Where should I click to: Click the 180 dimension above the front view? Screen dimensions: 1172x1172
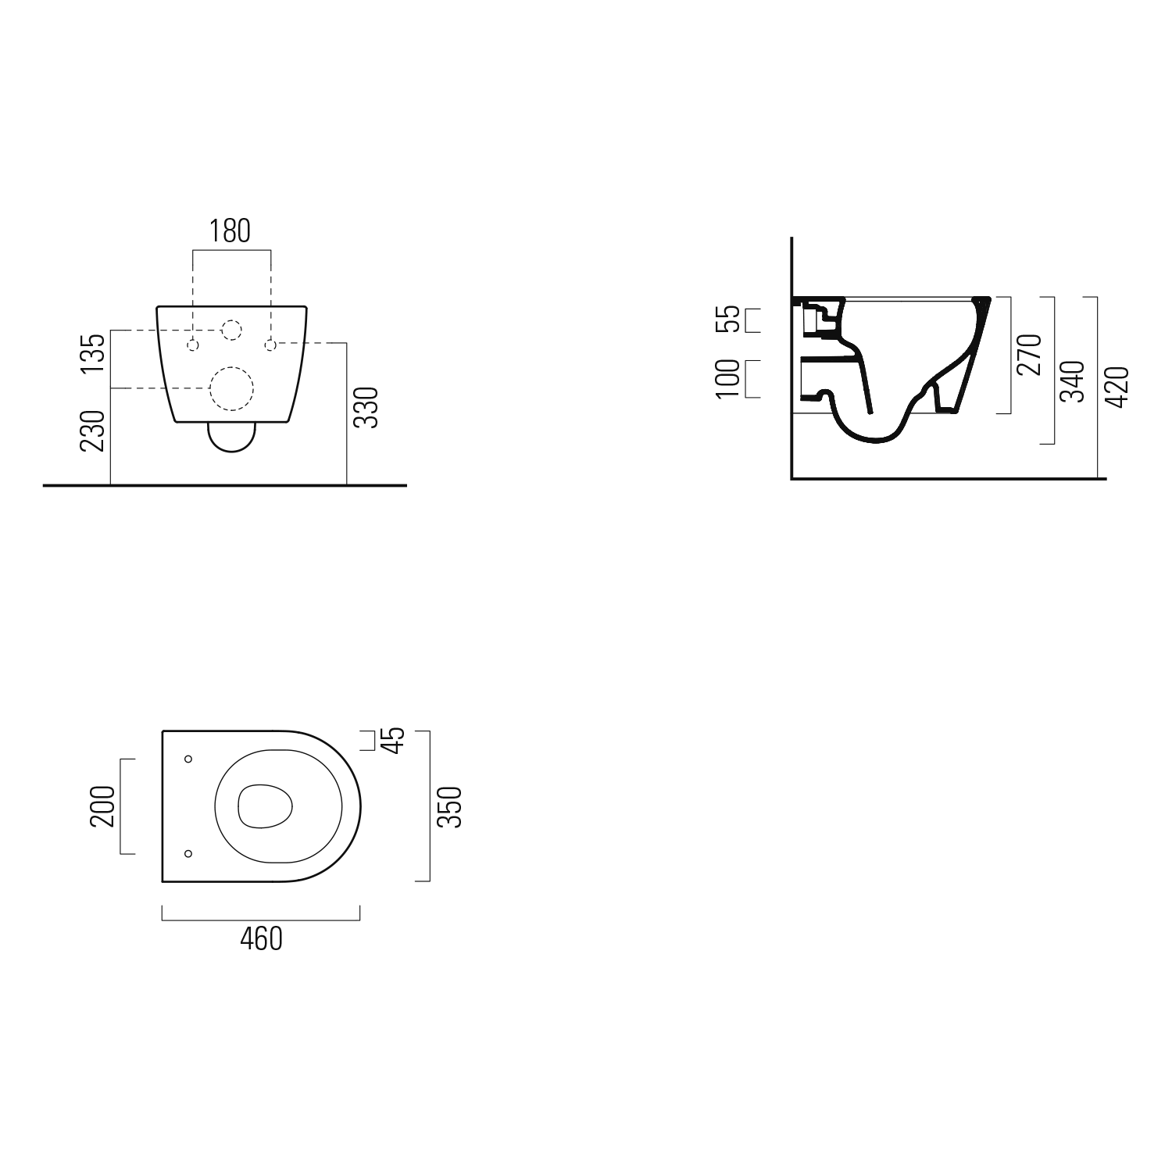click(x=230, y=231)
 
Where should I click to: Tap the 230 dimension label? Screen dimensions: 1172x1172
click(x=93, y=431)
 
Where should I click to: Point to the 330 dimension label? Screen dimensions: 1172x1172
click(x=366, y=407)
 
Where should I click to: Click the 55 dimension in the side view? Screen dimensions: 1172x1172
click(x=727, y=319)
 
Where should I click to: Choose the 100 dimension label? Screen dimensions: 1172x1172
click(x=727, y=379)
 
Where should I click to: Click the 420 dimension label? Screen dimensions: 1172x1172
click(x=1118, y=386)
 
